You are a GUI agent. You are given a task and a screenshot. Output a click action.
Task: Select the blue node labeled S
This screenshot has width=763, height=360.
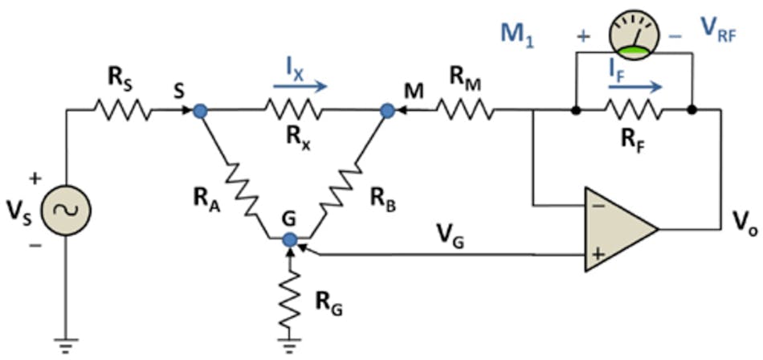201,111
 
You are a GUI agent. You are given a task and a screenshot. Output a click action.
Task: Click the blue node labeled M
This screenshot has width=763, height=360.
387,111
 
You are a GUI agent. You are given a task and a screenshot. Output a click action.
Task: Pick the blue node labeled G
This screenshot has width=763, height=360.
291,239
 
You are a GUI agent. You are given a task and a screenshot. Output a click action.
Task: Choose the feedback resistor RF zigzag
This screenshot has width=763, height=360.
634,110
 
